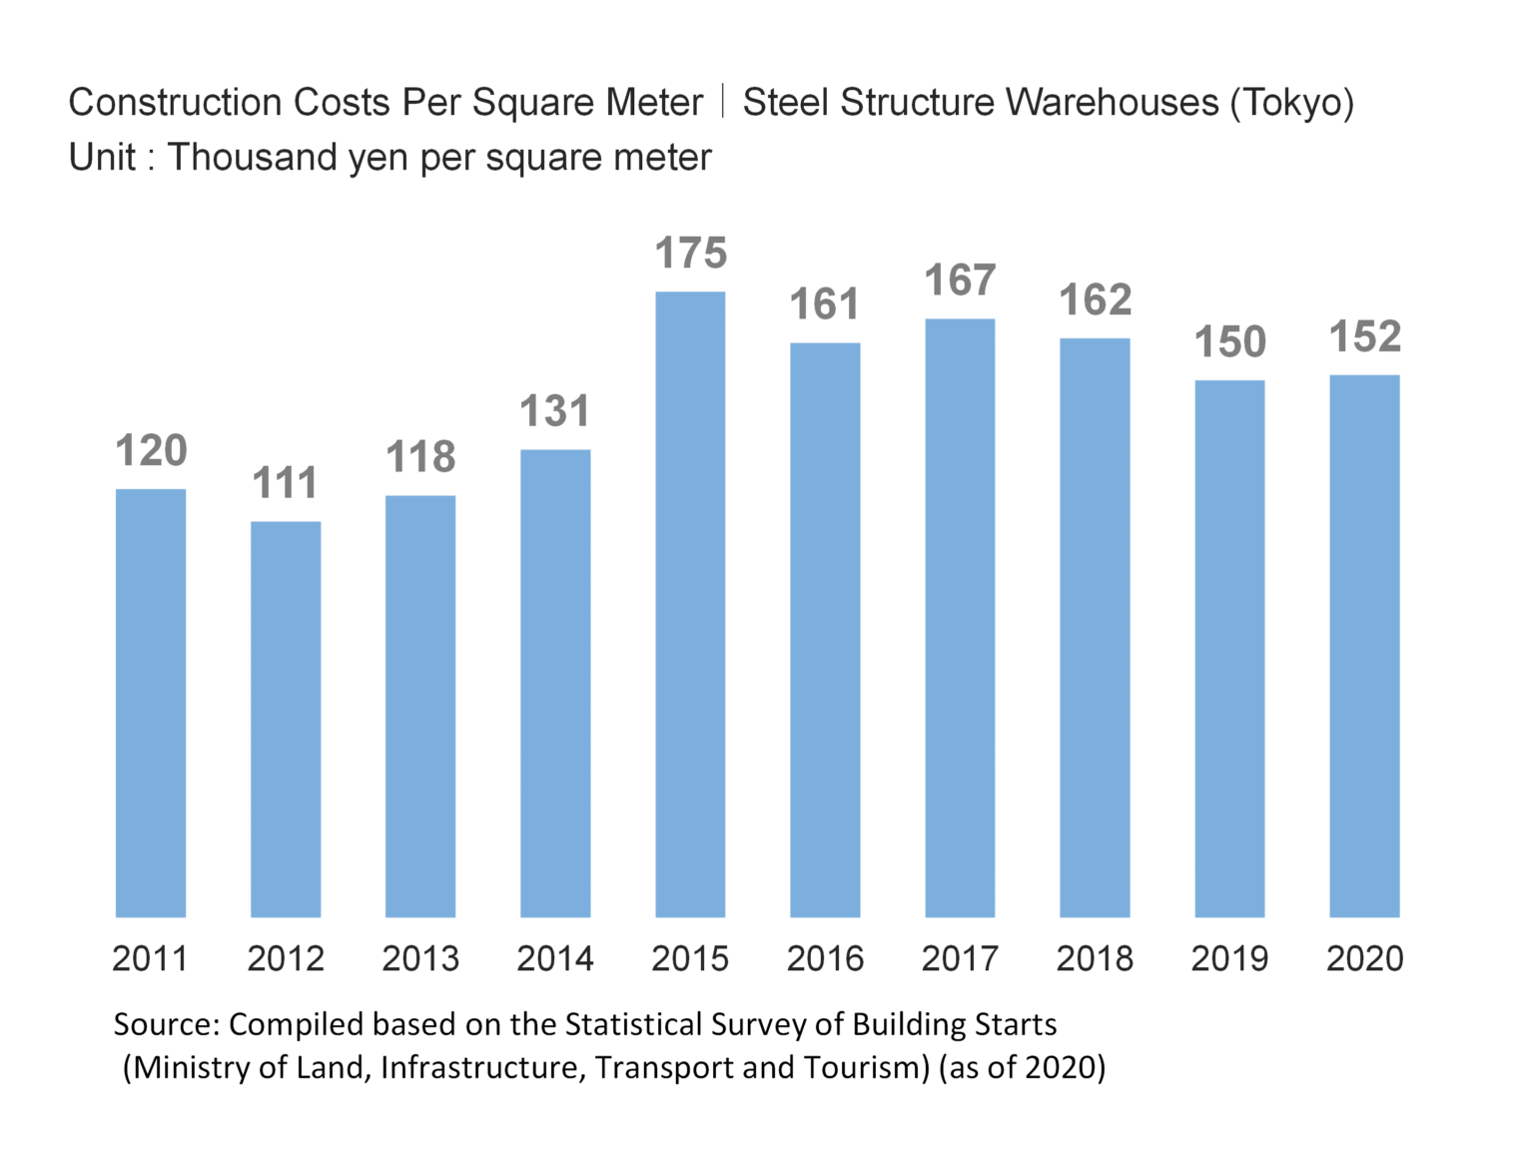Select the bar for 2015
[690, 604]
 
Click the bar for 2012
[286, 719]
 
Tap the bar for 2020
[1364, 646]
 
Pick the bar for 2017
[960, 618]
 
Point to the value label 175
[690, 254]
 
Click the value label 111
[286, 483]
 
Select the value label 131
[555, 411]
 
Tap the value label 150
[1229, 342]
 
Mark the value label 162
[1095, 300]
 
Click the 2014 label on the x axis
[555, 959]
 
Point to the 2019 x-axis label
[1229, 959]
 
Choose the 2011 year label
[150, 959]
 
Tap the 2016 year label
[825, 959]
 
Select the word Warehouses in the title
[1112, 103]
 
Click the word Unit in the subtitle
[102, 158]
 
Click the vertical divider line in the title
[722, 102]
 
